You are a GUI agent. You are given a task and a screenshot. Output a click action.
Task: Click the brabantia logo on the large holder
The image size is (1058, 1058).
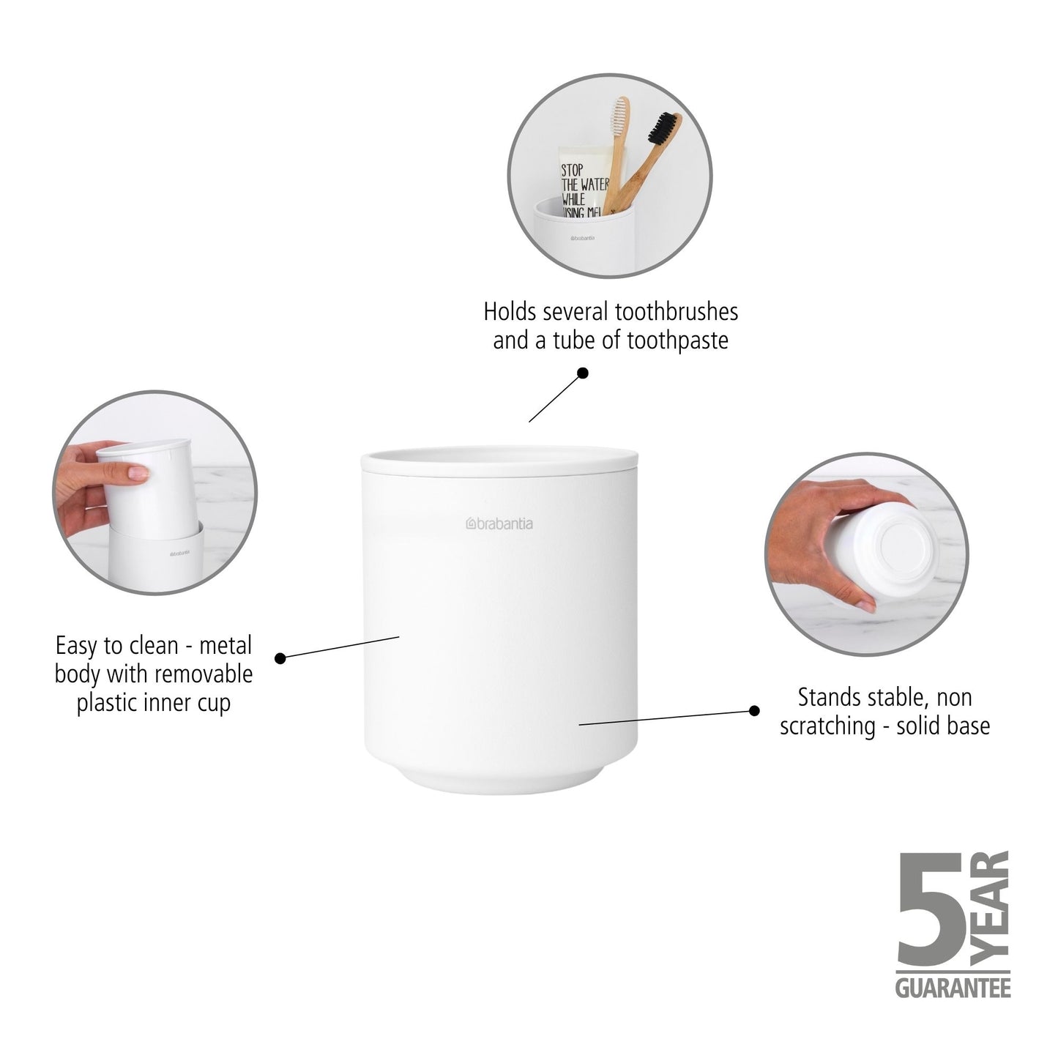(499, 524)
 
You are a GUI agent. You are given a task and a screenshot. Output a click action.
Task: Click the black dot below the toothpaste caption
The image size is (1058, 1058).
(583, 373)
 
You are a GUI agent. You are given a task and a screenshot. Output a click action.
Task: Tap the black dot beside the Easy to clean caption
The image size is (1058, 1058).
(280, 657)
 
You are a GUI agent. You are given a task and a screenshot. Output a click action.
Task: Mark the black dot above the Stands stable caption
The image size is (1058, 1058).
(754, 709)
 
